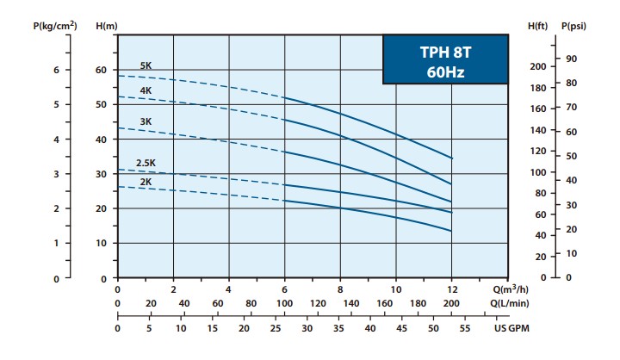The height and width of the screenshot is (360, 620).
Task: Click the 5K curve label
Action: tap(146, 66)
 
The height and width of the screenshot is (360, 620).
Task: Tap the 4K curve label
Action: tap(146, 90)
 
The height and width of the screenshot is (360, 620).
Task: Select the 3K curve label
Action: tap(146, 121)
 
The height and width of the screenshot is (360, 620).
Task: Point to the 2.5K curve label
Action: tap(144, 163)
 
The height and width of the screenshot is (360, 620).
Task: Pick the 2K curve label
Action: tap(146, 182)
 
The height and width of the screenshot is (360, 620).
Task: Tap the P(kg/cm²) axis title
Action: tap(54, 26)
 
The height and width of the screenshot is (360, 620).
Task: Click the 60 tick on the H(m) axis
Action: tap(102, 70)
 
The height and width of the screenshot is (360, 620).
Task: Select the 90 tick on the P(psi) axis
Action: tap(571, 59)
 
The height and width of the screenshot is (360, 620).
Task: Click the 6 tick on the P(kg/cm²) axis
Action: tap(56, 70)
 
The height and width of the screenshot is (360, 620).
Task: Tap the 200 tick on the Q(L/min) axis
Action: tap(451, 304)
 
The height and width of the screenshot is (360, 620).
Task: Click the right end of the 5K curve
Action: tap(451, 158)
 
